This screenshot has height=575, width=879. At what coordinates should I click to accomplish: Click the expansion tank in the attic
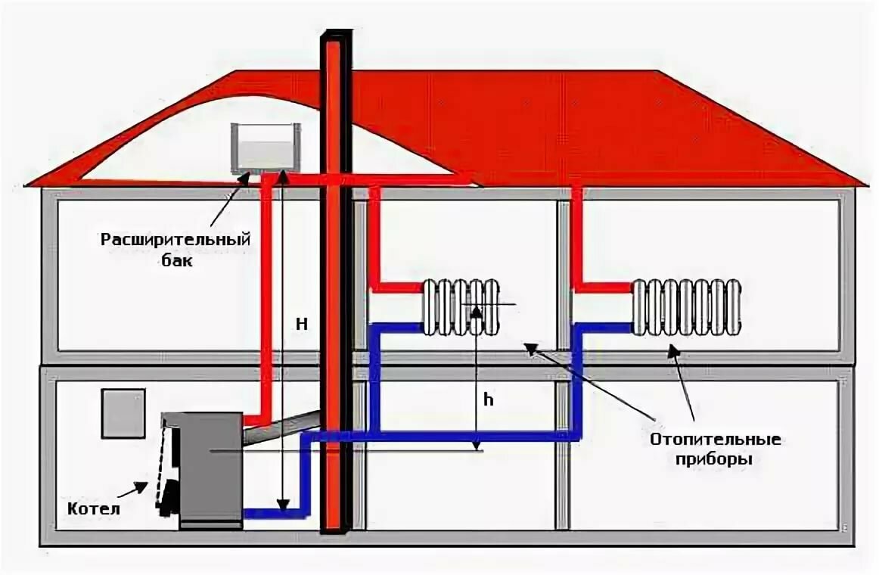tap(266, 147)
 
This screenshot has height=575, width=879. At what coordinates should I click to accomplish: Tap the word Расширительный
tap(176, 240)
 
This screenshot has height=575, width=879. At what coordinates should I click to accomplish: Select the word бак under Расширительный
tap(176, 263)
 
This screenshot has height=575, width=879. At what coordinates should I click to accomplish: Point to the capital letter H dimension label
tap(301, 323)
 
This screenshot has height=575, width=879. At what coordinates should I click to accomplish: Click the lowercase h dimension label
tap(489, 400)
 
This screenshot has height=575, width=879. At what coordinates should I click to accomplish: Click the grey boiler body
tap(211, 465)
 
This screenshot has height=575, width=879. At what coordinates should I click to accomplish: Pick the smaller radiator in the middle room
tap(461, 306)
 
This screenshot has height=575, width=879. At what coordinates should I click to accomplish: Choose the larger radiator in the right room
tap(686, 306)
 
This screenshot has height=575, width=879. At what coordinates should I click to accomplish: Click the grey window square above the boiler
tap(123, 413)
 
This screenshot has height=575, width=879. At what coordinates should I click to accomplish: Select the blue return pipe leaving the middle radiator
tap(396, 328)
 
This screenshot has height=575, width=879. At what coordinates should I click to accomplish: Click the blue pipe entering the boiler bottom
tap(272, 513)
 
